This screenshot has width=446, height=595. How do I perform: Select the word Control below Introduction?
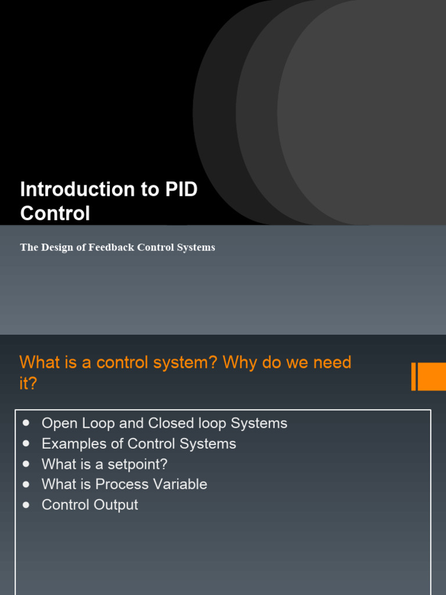tap(55, 214)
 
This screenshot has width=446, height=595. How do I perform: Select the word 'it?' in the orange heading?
tap(28, 383)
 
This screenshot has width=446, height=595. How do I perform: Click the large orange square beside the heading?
tap(432, 377)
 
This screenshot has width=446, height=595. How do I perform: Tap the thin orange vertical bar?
tap(413, 377)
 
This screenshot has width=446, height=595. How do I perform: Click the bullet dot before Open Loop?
tap(26, 422)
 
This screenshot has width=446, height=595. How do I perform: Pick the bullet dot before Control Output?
tap(26, 504)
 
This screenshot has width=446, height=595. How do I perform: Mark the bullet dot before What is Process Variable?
tap(26, 484)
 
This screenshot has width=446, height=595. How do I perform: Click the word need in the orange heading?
tap(332, 363)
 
